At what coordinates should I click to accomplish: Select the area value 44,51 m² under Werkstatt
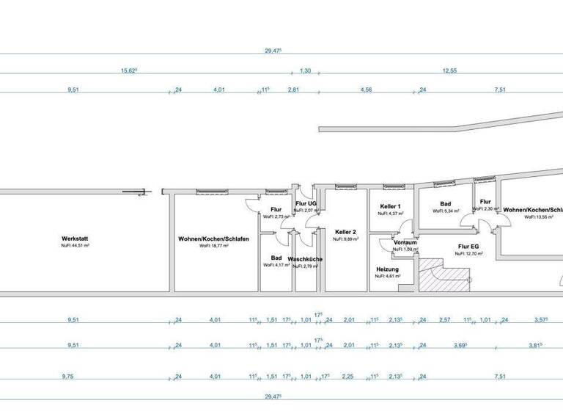click(x=76, y=246)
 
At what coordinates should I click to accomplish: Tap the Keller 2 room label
click(x=347, y=231)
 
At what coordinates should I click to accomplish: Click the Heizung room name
click(x=387, y=269)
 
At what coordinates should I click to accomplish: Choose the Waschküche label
click(x=306, y=259)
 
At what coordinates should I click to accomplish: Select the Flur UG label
click(x=305, y=203)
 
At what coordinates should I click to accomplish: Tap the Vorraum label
click(x=405, y=242)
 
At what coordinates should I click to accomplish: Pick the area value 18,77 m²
click(x=213, y=246)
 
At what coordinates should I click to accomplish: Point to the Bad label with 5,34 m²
click(x=445, y=204)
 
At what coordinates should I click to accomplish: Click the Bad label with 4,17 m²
click(x=276, y=258)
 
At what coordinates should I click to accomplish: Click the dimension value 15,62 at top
click(x=129, y=70)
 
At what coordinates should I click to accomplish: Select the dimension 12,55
click(x=449, y=70)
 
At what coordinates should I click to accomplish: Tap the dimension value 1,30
click(x=306, y=70)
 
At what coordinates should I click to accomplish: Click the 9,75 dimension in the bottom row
click(x=72, y=377)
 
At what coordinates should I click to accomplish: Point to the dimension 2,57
click(x=444, y=320)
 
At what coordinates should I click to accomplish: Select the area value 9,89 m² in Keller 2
click(x=347, y=239)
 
